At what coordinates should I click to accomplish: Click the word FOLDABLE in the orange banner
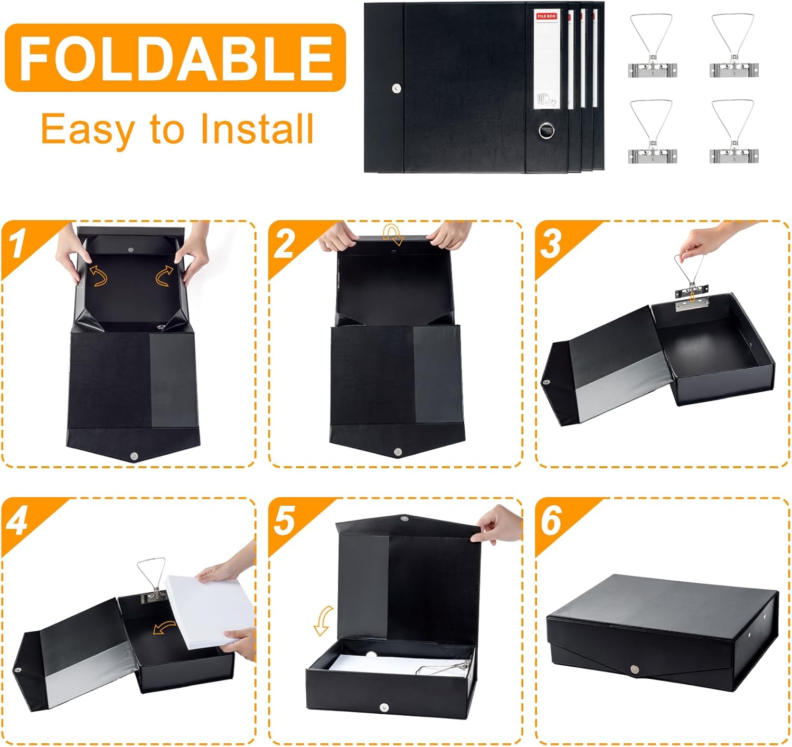[x=176, y=58]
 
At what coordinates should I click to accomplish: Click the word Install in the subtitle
[x=257, y=129]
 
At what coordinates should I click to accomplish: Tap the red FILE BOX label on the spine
[x=546, y=16]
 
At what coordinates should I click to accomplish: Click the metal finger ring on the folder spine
[x=546, y=130]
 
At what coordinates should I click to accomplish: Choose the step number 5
[x=284, y=521]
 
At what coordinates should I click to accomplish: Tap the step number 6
[x=551, y=521]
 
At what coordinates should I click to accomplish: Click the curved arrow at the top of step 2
[x=393, y=234]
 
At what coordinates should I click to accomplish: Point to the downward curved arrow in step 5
[x=324, y=621]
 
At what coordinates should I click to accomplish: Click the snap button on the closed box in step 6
[x=635, y=669]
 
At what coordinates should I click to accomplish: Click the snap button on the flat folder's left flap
[x=396, y=88]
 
